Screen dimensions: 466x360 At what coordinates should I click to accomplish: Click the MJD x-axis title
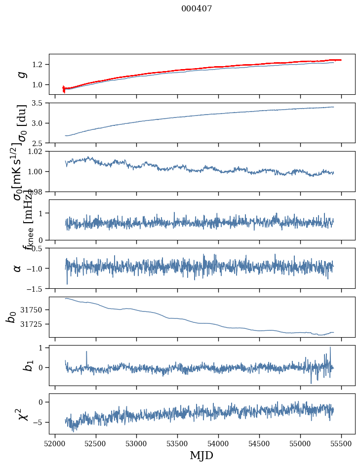coord(201,455)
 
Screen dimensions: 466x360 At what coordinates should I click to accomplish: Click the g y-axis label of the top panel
coord(21,74)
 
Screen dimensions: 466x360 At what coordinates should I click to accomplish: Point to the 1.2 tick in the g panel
coord(40,65)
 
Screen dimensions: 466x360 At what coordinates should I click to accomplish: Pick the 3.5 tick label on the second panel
coord(40,103)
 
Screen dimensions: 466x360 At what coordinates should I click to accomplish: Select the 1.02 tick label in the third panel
coord(38,152)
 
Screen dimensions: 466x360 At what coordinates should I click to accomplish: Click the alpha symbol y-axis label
coord(18,268)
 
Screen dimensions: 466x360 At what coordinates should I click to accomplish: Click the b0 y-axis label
coord(11,317)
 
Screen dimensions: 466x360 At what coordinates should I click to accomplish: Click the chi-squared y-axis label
coord(22,414)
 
